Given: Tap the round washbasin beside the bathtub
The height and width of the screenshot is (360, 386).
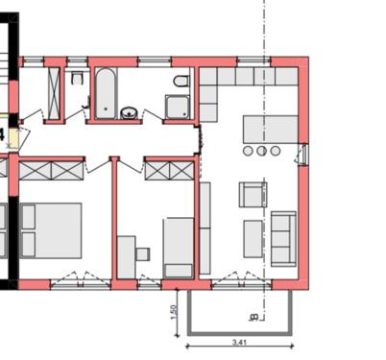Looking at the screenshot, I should click(x=128, y=113).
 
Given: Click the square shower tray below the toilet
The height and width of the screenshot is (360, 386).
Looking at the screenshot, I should click(x=177, y=107).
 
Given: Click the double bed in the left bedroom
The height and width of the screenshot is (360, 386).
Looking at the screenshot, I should click(x=53, y=228).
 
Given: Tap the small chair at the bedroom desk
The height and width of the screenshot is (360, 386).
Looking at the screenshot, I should click(x=141, y=253).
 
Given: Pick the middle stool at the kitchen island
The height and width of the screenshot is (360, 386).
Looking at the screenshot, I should click(x=260, y=152).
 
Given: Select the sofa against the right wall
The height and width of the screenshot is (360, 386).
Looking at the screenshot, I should click(x=281, y=237).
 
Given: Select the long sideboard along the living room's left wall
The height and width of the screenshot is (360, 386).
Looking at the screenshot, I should click(x=205, y=227).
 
